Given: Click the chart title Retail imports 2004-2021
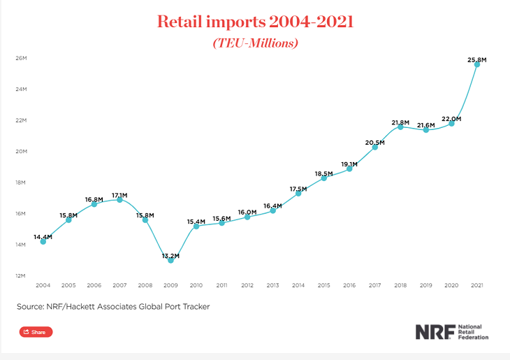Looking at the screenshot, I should tap(255, 22).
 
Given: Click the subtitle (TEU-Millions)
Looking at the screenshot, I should tap(255, 43).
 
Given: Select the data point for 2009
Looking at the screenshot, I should tap(171, 260).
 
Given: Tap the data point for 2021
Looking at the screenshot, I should tap(477, 64).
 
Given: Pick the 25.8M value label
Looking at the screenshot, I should tap(476, 59).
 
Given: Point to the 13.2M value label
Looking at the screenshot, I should tap(170, 256).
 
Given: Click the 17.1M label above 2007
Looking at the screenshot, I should tap(119, 195).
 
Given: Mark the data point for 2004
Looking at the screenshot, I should tap(43, 241).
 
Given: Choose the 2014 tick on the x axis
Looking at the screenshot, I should tap(298, 285).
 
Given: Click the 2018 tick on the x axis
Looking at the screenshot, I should tap(400, 285).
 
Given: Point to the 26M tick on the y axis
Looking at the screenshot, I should tap(21, 58).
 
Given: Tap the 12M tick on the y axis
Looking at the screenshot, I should tap(21, 275).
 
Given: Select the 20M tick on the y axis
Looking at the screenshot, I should tap(21, 151).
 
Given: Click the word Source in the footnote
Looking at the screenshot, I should tap(31, 306).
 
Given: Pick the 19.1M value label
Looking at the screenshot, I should tap(349, 164).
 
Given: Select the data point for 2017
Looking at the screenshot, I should tap(375, 147).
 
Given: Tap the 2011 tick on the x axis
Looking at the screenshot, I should tap(221, 285).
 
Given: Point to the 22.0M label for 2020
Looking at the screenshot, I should tap(451, 119).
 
